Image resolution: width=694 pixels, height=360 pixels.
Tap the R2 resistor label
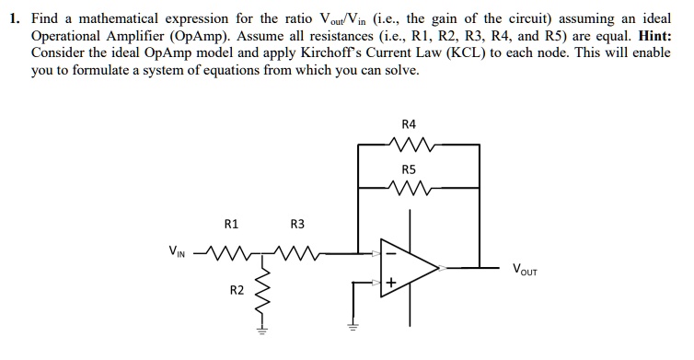(237, 290)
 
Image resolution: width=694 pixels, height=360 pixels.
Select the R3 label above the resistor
(296, 223)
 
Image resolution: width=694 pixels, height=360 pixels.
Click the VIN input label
(175, 250)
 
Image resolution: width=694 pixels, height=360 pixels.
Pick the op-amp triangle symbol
(411, 267)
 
